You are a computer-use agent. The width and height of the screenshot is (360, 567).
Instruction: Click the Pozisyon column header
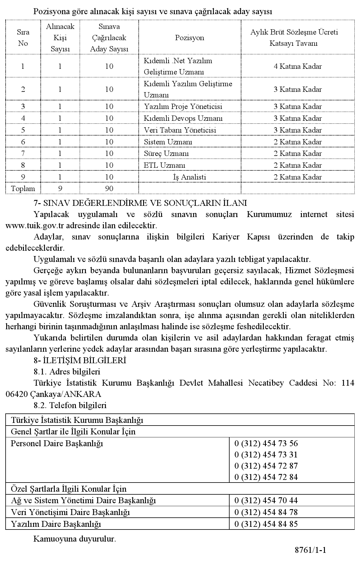click(x=189, y=38)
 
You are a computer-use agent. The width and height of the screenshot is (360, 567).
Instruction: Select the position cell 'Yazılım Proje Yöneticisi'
click(x=183, y=106)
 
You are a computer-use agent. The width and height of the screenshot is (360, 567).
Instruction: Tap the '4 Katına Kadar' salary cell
click(x=297, y=66)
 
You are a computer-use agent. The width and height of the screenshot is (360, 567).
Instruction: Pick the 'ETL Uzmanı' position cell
click(x=165, y=165)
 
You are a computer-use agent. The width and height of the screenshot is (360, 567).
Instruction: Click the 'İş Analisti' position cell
click(x=189, y=177)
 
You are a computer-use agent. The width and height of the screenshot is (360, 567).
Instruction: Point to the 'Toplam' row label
click(x=23, y=188)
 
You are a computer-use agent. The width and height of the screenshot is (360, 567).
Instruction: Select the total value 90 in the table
click(x=109, y=188)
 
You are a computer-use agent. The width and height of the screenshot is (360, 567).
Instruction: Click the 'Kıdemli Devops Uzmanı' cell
click(x=183, y=118)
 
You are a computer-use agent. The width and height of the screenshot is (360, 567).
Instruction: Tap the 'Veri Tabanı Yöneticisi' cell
click(x=180, y=130)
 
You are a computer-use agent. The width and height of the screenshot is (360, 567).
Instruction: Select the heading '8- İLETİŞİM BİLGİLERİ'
click(x=80, y=360)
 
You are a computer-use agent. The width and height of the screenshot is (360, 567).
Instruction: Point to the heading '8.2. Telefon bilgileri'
click(x=70, y=405)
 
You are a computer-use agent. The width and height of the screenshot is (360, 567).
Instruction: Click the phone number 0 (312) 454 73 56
click(x=266, y=443)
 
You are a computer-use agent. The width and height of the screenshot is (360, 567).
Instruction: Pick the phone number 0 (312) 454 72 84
click(x=266, y=477)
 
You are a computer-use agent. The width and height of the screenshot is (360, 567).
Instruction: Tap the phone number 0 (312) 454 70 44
click(x=266, y=500)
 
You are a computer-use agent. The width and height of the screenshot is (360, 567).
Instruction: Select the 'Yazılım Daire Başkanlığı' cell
click(x=56, y=524)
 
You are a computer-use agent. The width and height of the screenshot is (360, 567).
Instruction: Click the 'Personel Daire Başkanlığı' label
click(x=57, y=443)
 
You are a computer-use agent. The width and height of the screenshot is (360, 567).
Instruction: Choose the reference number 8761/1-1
click(x=310, y=550)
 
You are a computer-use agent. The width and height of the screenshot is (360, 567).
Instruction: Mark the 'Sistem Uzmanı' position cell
click(x=168, y=142)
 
